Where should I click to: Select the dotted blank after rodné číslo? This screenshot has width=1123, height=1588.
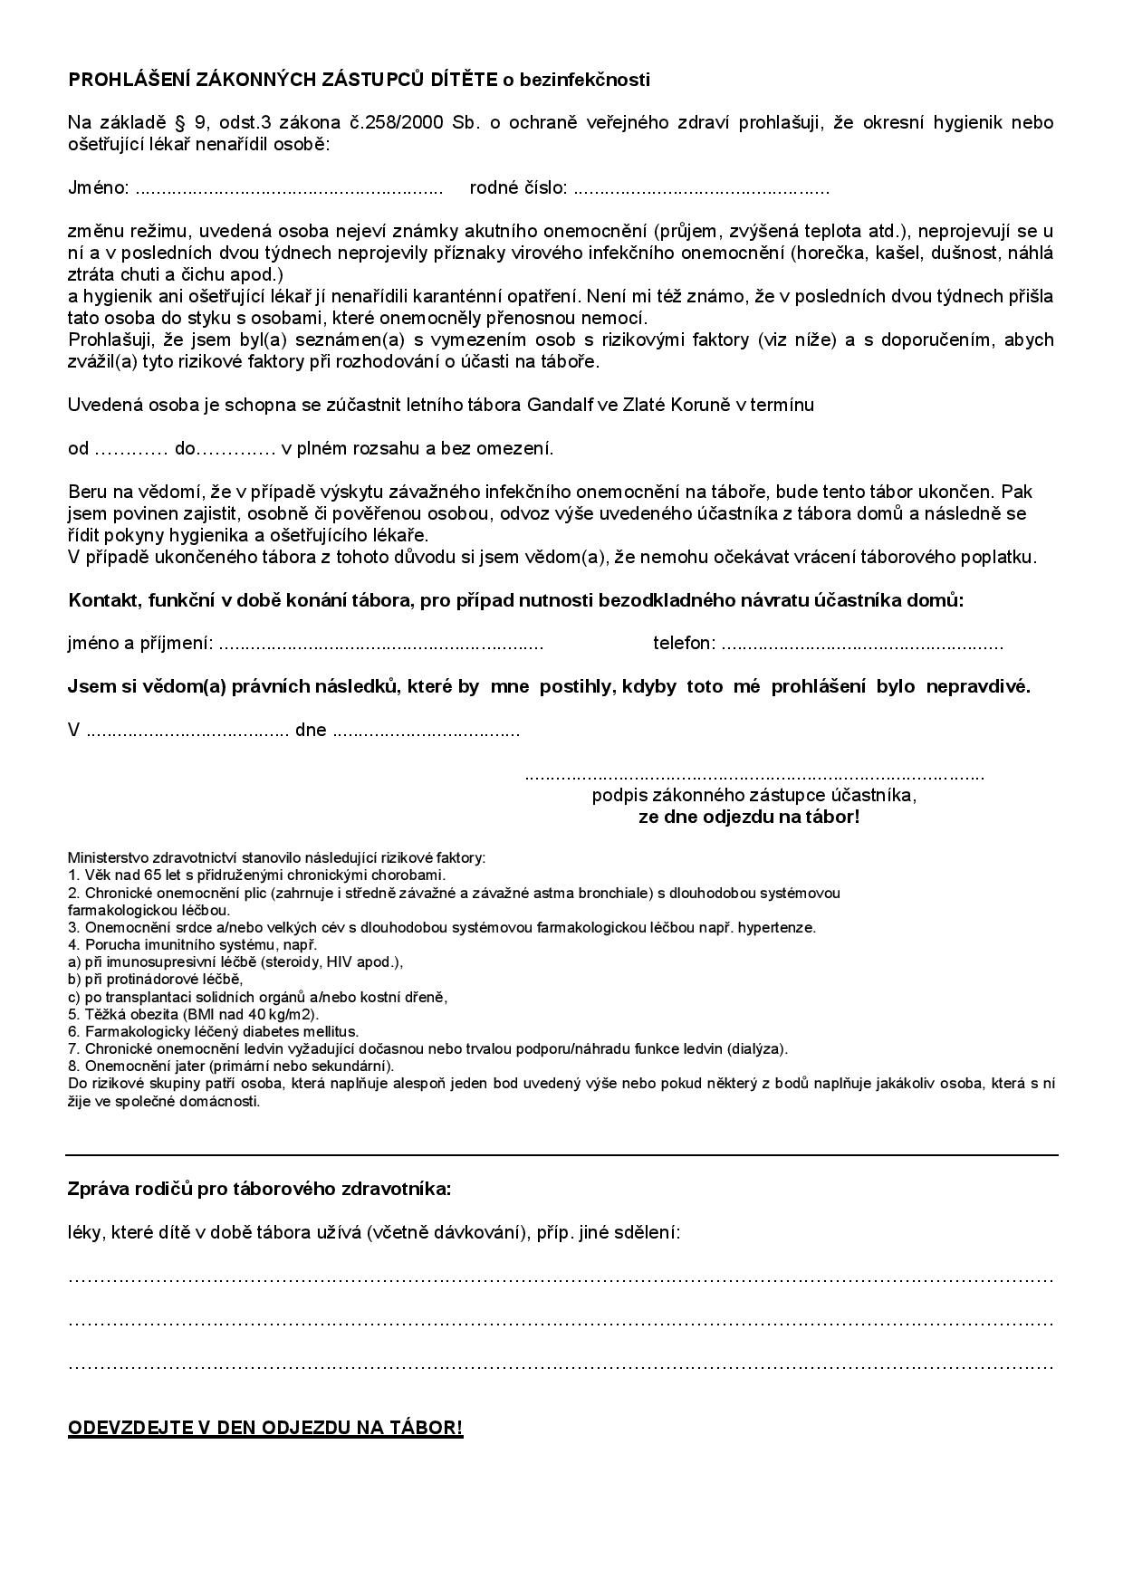702,189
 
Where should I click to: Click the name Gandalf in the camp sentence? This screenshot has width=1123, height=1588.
558,405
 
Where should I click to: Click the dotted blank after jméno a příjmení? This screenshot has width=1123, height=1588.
380,645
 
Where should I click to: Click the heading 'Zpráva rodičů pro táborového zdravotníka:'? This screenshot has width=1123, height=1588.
259,1189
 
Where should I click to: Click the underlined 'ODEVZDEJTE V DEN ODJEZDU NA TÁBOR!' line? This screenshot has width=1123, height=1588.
265,1429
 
